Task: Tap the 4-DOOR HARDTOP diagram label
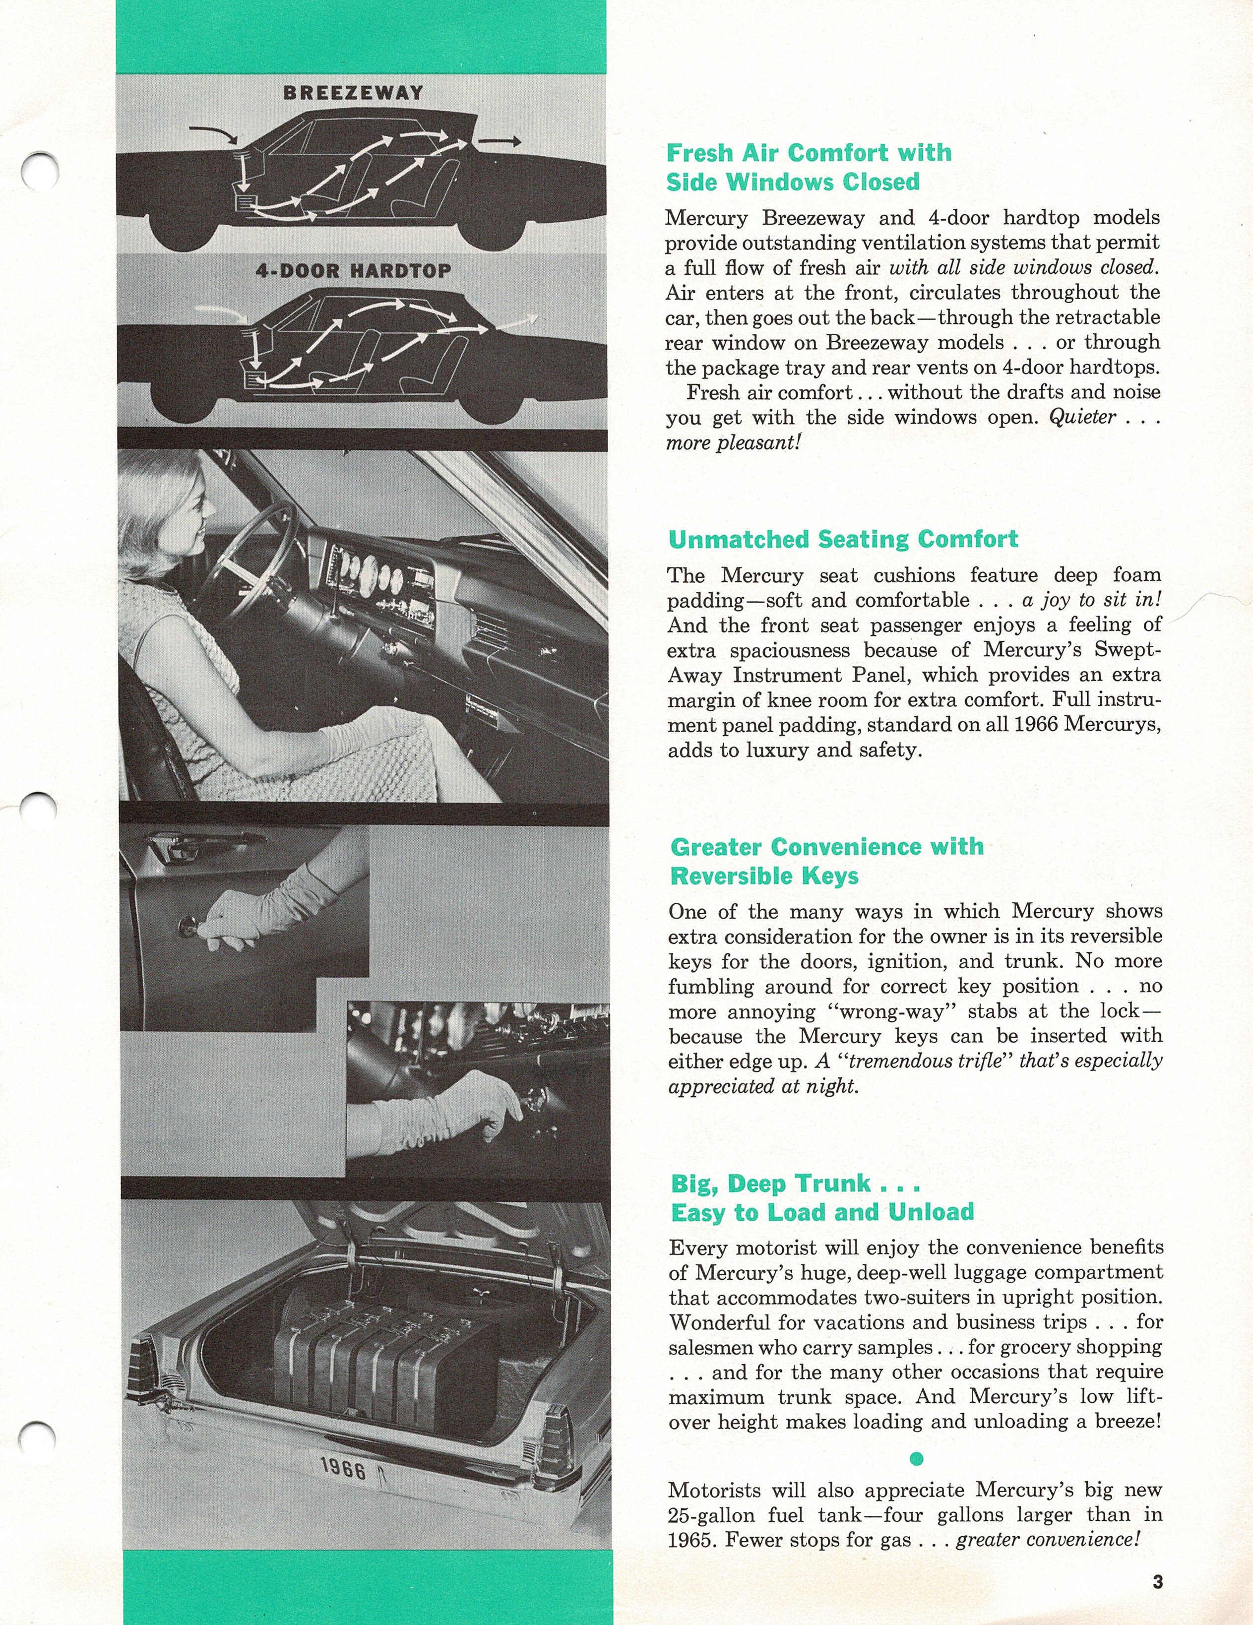pos(353,271)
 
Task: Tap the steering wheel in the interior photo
pos(253,558)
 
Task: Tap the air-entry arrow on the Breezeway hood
pos(213,134)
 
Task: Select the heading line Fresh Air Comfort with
pos(809,153)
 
